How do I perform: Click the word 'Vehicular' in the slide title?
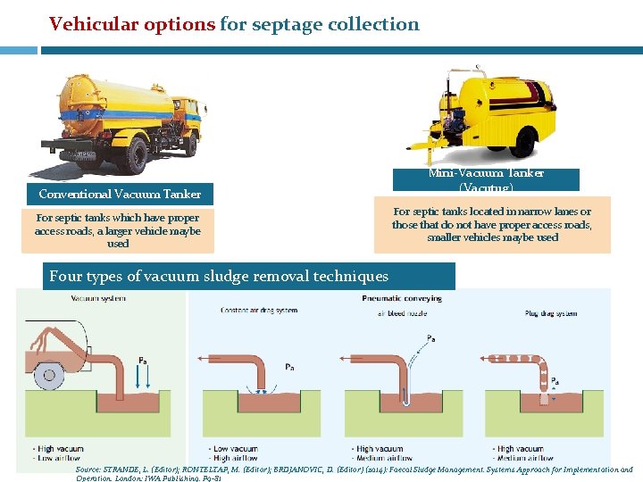[88, 24]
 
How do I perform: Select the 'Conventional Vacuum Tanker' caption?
[120, 194]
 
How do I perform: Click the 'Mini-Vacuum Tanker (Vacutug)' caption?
[487, 179]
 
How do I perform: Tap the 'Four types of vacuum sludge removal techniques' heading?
[219, 277]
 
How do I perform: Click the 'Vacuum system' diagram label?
[98, 298]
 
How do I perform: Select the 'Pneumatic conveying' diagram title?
[402, 298]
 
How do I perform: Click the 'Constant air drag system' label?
[259, 310]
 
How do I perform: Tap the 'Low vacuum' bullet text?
[236, 449]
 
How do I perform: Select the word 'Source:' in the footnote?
[88, 470]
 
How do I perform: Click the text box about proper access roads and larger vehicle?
[118, 230]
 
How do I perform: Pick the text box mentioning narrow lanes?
[491, 225]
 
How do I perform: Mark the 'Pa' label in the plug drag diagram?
[555, 380]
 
